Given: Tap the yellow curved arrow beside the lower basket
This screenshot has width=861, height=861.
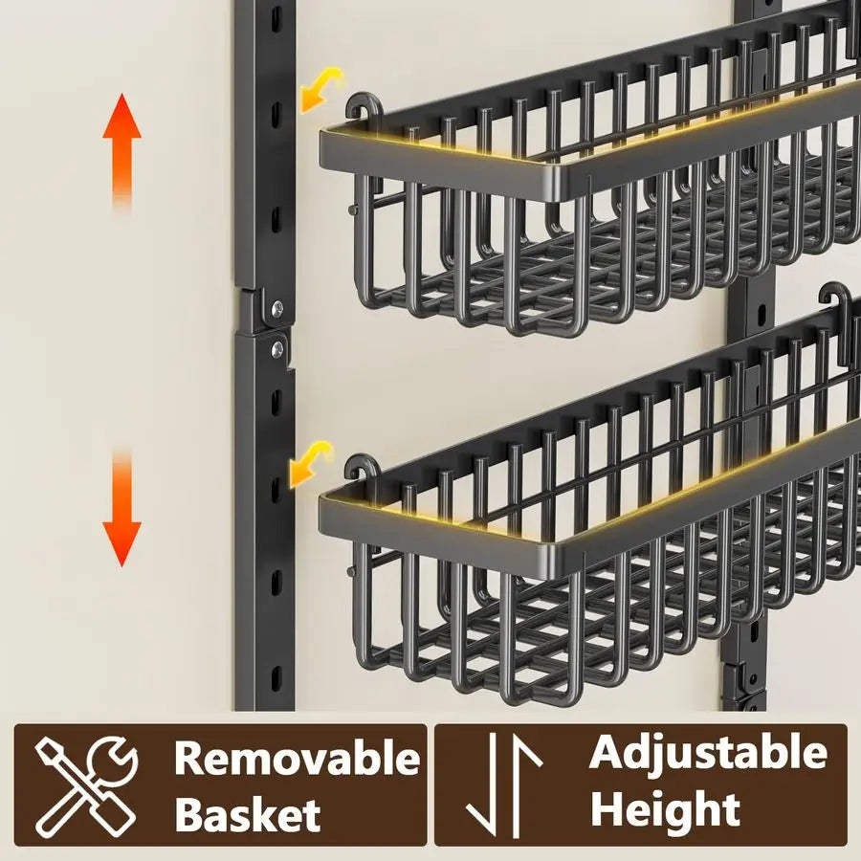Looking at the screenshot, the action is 311,464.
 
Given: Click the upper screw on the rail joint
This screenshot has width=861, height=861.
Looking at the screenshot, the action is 277,307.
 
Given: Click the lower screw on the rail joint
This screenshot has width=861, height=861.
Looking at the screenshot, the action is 277,347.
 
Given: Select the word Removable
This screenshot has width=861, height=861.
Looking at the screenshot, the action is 298,758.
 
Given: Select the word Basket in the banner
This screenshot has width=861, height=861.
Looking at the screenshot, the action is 248,814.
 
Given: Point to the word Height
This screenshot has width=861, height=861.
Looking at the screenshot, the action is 665,808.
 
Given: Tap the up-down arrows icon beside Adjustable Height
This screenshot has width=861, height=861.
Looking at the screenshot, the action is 503,785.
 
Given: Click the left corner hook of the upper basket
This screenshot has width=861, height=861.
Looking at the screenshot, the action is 364,106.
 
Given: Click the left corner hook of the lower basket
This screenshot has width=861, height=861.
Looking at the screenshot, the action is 363,469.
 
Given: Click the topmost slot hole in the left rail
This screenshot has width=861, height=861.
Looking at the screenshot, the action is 276,16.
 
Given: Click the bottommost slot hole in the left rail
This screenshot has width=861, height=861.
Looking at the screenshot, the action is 276,676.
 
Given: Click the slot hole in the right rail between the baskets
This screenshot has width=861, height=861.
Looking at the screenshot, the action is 762,313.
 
